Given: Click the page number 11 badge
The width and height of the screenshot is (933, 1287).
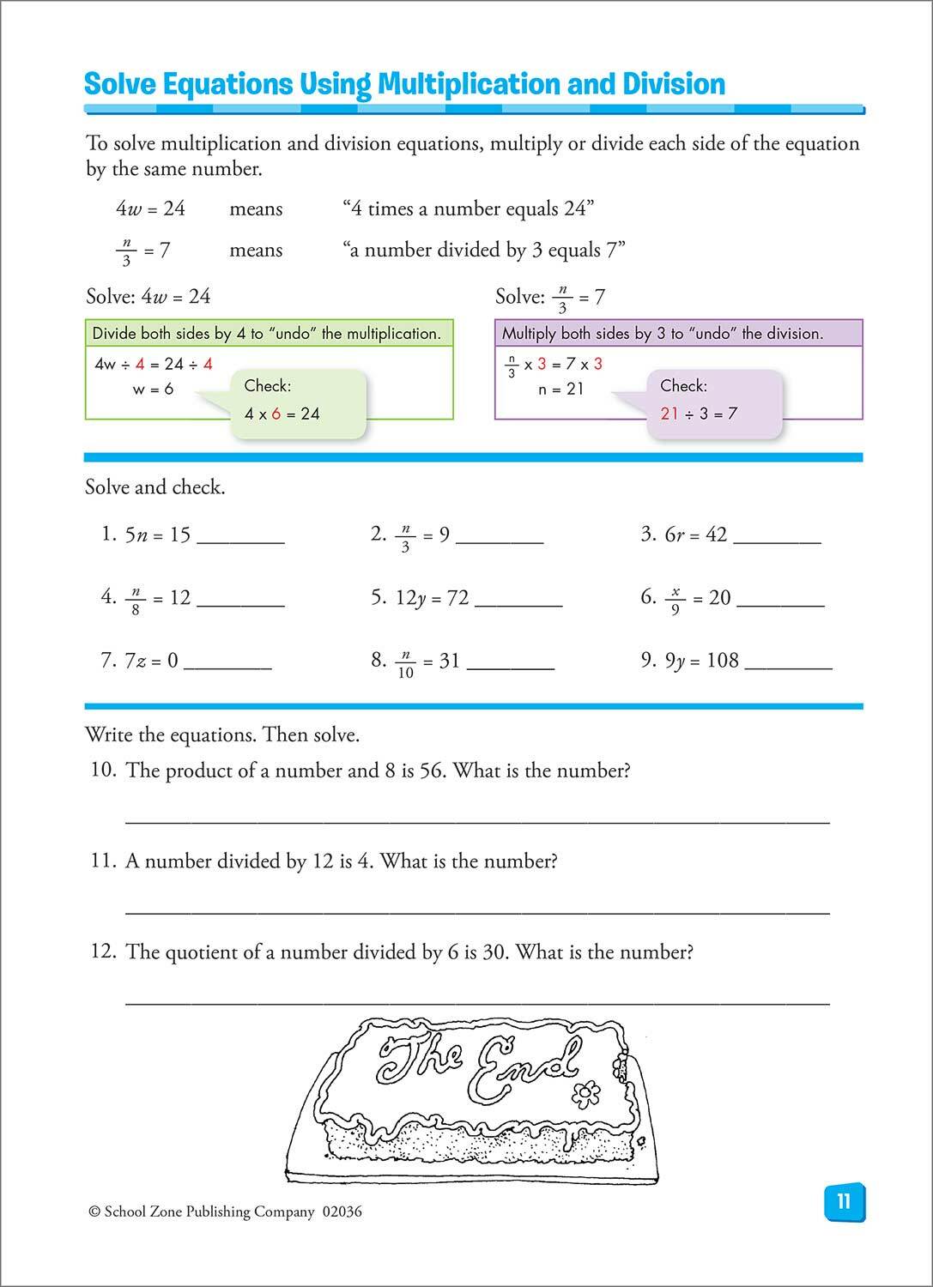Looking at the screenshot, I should [843, 1201].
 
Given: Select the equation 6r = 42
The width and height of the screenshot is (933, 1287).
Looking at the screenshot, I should [695, 535].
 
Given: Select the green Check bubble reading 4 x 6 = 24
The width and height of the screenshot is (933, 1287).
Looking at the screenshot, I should [282, 401].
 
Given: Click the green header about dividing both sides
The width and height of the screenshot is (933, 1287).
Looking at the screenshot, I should [269, 333].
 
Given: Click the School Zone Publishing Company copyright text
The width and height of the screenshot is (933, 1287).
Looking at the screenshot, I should [225, 1211].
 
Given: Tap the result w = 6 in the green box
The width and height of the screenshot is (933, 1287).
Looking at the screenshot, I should [153, 389].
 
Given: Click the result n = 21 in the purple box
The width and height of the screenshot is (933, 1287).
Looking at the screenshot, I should [561, 389].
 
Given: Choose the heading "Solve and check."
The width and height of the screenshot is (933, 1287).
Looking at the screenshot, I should [155, 487].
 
